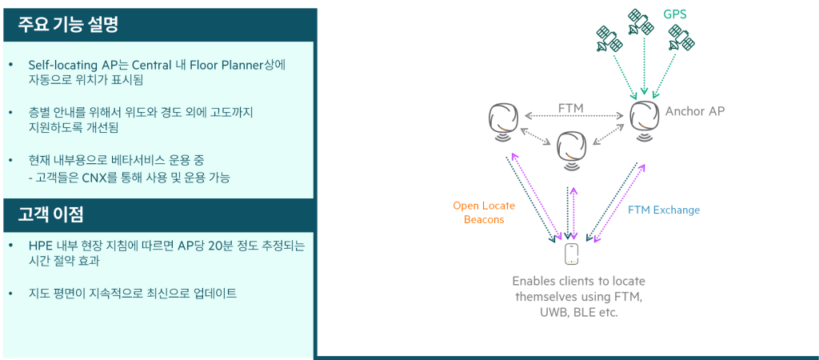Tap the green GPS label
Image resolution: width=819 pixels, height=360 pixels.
(x=675, y=14)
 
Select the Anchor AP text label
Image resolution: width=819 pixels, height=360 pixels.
(x=696, y=111)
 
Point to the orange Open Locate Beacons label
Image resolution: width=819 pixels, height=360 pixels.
(x=484, y=212)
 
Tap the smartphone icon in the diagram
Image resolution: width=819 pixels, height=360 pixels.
(x=571, y=254)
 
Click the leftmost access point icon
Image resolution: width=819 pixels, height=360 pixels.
(x=504, y=118)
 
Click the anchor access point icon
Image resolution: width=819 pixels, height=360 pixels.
(x=644, y=117)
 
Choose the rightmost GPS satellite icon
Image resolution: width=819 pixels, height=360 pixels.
(x=682, y=37)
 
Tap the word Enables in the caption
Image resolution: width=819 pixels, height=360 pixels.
(x=534, y=282)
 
